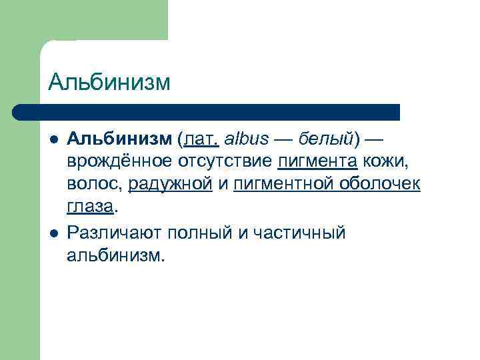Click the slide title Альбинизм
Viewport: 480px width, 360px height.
tap(109, 82)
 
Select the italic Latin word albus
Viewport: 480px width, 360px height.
tap(248, 139)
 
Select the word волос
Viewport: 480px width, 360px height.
tap(93, 183)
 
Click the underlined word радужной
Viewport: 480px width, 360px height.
tap(170, 184)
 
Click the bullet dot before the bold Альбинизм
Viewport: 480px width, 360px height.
tap(53, 139)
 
